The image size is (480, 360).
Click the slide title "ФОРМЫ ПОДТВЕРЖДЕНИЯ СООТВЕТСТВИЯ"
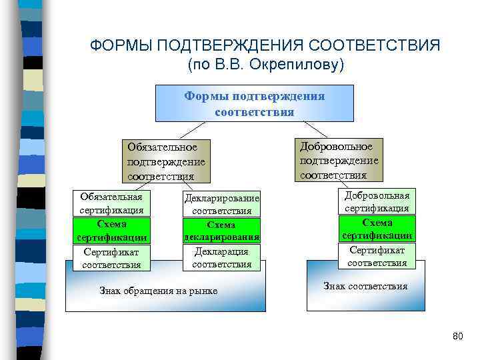265,46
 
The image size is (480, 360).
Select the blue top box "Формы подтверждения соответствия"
255,103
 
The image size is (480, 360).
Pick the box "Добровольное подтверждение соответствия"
339,161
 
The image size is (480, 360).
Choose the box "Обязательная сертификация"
111,204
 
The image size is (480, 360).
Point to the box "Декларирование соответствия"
221,204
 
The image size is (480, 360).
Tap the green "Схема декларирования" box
221,231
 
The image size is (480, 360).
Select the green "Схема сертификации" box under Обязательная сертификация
111,231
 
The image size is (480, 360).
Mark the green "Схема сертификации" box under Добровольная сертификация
377,229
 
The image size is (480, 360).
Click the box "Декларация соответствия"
221,258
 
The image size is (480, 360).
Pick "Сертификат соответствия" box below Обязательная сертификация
111,258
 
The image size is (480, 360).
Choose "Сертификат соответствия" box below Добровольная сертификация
377,256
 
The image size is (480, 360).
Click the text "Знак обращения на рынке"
158,291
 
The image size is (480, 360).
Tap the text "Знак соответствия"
365,287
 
